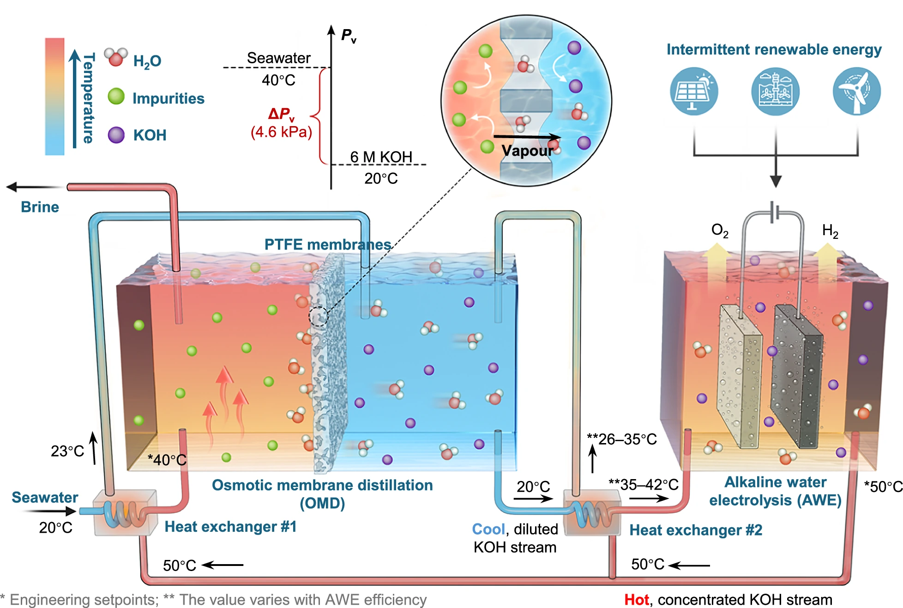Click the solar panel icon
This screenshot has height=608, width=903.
tap(694, 91)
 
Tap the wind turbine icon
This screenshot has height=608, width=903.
tap(856, 91)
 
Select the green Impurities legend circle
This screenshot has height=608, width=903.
tap(116, 97)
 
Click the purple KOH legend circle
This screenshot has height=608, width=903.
tap(116, 135)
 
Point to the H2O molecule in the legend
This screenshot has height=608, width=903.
tap(115, 57)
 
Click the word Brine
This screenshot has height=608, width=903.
tap(40, 207)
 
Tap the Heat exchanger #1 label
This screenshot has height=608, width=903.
tap(230, 526)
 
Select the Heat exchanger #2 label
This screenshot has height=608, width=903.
tap(696, 530)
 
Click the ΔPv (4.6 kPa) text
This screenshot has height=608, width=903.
tap(281, 123)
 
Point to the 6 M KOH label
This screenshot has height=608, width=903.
tap(381, 157)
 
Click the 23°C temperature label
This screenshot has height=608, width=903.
tap(67, 451)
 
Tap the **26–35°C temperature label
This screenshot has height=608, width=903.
tap(622, 439)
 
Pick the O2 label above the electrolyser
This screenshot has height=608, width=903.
tap(720, 230)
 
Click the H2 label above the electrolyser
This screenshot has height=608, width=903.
tap(830, 231)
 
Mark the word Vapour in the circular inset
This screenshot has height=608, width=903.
tap(527, 151)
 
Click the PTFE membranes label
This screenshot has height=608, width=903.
tap(328, 244)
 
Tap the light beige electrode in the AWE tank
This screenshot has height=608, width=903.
tap(740, 377)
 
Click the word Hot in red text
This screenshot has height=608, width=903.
tap(637, 600)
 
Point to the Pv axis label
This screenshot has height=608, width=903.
tap(349, 35)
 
